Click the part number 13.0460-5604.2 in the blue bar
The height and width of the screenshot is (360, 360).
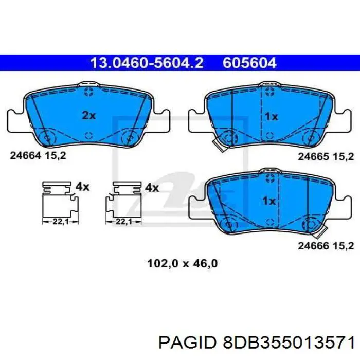click(x=147, y=63)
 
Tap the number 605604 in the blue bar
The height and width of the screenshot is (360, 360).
click(x=249, y=63)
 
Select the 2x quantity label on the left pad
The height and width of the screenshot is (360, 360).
click(x=89, y=116)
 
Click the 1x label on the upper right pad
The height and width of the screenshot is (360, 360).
click(x=272, y=117)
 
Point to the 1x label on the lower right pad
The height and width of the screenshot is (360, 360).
click(x=269, y=202)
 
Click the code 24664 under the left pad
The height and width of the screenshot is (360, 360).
click(x=25, y=156)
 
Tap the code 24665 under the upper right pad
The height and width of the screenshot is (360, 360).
click(x=313, y=157)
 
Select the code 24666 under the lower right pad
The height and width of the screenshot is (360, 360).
click(x=313, y=246)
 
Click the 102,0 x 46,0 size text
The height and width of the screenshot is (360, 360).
click(x=182, y=263)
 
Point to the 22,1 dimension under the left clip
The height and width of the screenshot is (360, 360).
click(x=61, y=222)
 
